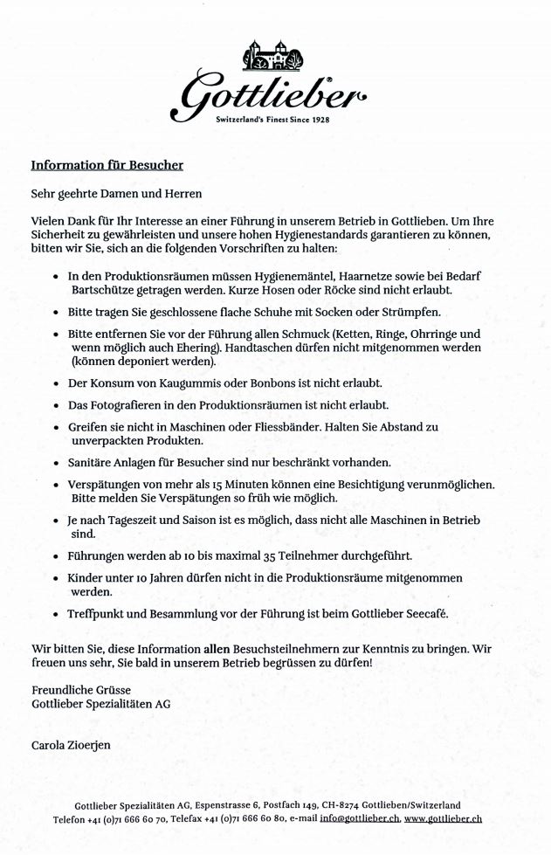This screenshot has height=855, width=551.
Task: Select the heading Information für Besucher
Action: click(x=107, y=164)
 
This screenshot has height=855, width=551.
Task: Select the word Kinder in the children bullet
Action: click(x=87, y=578)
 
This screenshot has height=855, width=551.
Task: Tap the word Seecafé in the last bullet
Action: click(x=423, y=614)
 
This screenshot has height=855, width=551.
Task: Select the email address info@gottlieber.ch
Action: click(x=357, y=819)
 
